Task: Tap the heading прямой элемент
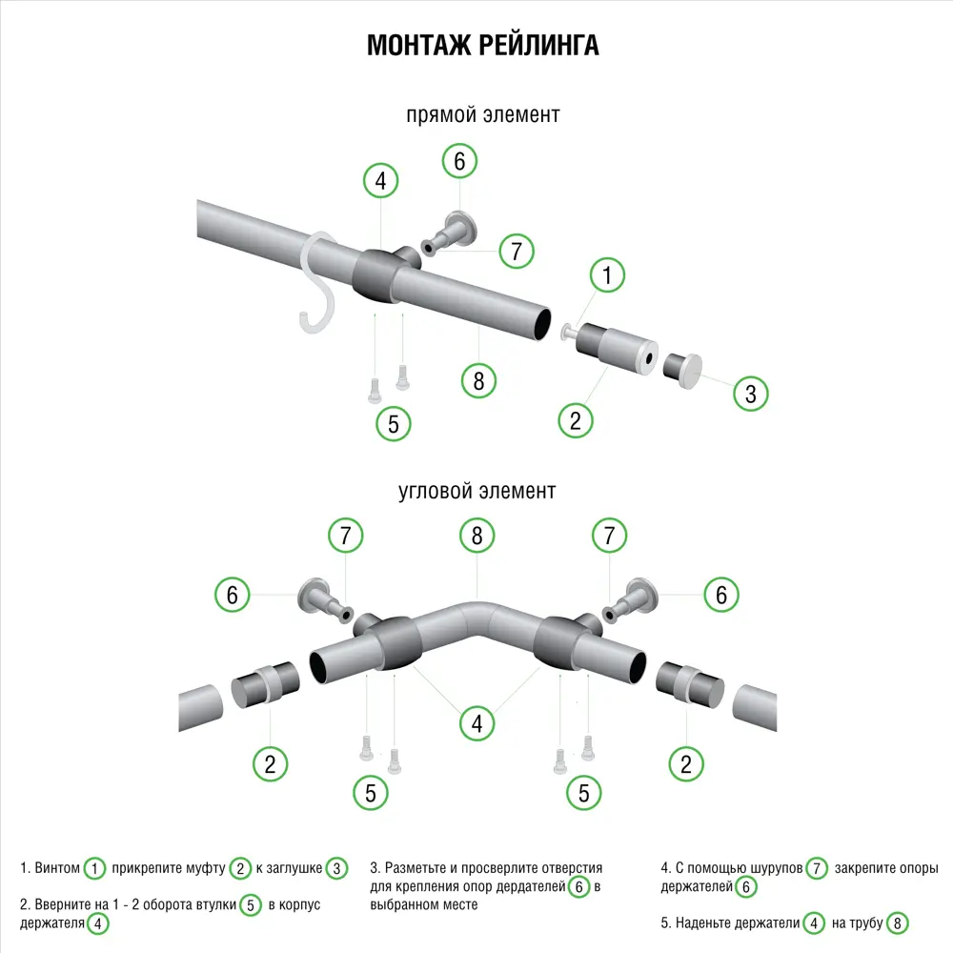482,115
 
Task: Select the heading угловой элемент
476,492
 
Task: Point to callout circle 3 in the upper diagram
750,394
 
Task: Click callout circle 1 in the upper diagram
607,276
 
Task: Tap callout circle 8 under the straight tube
478,380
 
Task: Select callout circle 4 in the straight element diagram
380,180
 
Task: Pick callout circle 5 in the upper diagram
394,423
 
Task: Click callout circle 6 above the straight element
459,161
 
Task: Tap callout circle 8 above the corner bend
477,536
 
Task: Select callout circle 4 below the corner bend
476,724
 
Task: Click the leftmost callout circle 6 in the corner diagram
232,596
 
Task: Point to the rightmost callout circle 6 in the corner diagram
721,595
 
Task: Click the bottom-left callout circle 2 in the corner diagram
270,762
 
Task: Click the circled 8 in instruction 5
897,923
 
